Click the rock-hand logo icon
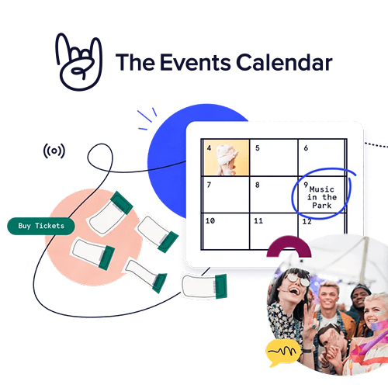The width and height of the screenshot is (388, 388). click(x=79, y=62)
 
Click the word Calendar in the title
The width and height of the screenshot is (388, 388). click(x=284, y=62)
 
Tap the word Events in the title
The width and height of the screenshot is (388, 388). click(x=196, y=62)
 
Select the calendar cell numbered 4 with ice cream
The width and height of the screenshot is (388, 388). click(x=226, y=158)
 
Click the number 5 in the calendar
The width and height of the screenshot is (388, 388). click(x=258, y=148)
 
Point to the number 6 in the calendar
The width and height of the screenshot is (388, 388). click(x=306, y=148)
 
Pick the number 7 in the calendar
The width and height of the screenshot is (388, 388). click(x=209, y=185)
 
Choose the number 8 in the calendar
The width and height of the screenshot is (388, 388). click(x=258, y=185)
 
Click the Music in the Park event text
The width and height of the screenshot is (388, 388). click(x=322, y=197)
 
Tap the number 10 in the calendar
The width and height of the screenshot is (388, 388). click(x=210, y=221)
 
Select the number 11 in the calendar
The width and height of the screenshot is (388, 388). click(x=258, y=221)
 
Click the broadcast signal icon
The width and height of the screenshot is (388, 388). click(x=54, y=151)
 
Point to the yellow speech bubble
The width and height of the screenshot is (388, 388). click(x=283, y=352)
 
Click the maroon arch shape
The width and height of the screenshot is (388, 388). click(x=289, y=242)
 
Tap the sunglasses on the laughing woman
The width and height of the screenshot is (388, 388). click(x=298, y=280)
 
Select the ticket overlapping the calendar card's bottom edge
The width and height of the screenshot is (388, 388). click(x=204, y=286)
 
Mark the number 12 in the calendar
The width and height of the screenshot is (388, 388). click(x=307, y=221)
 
